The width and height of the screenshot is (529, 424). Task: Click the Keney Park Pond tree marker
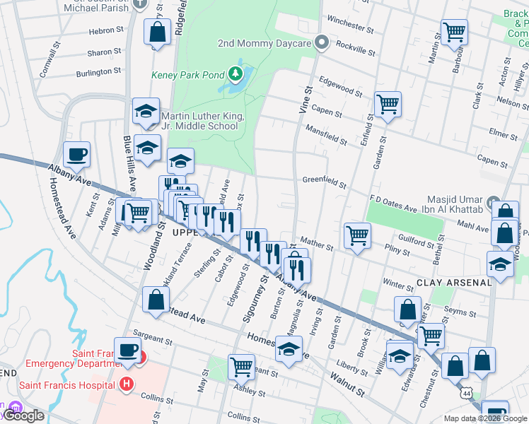(235, 73)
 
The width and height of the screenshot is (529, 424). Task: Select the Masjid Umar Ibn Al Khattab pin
(494, 201)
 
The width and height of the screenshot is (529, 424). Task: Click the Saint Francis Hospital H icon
(127, 385)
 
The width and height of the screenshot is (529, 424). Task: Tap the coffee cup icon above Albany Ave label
(76, 153)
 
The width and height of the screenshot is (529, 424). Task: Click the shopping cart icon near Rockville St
(453, 31)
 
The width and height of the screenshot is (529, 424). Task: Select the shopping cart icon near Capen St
(388, 105)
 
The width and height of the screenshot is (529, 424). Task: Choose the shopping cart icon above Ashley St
(241, 367)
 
